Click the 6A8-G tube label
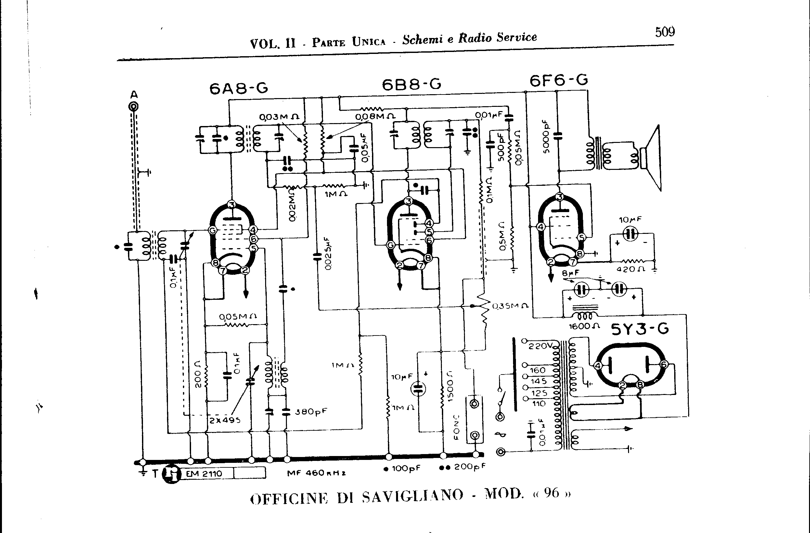pyautogui.click(x=238, y=88)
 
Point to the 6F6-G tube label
pyautogui.click(x=559, y=81)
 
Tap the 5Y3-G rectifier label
pyautogui.click(x=640, y=329)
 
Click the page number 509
pyautogui.click(x=665, y=32)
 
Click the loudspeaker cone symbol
pyautogui.click(x=652, y=158)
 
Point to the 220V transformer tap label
pyautogui.click(x=540, y=346)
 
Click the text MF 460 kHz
pyautogui.click(x=316, y=473)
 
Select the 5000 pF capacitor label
pyautogui.click(x=546, y=136)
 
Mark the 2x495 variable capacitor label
pyautogui.click(x=225, y=420)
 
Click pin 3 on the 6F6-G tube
pyautogui.click(x=559, y=197)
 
